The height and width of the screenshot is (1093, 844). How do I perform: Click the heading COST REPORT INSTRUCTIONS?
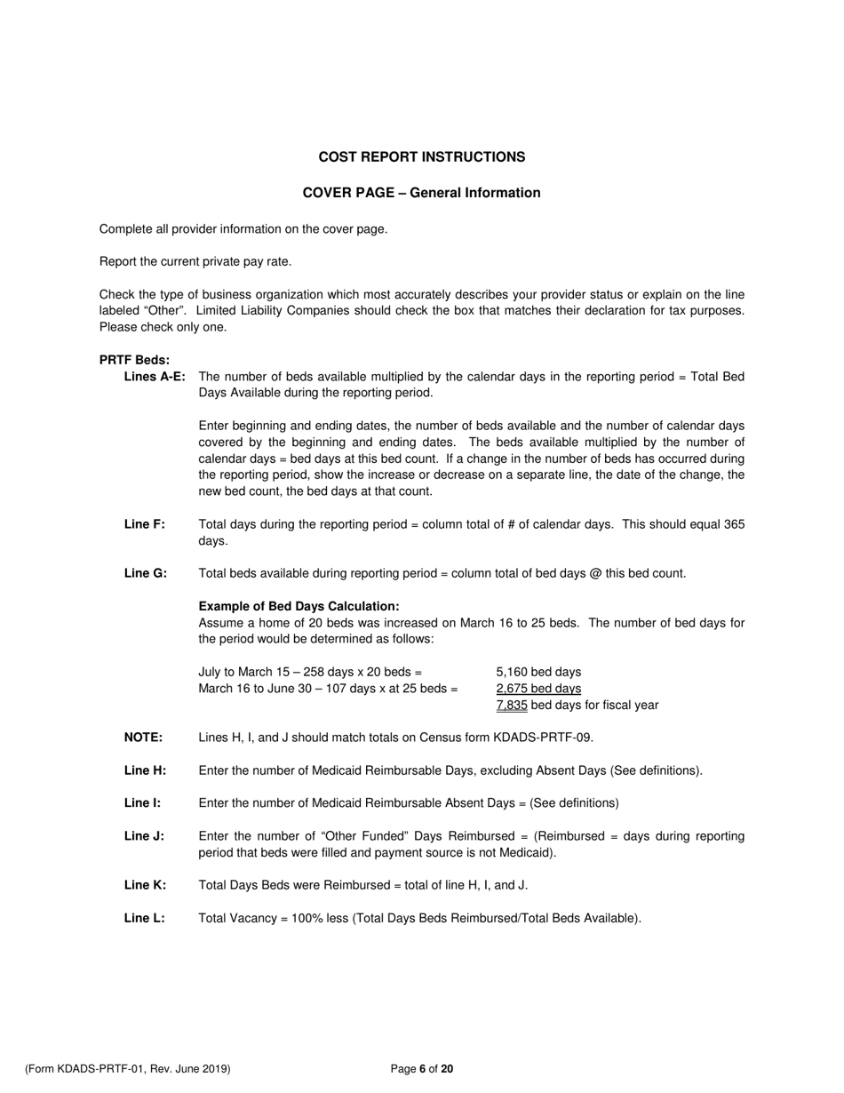click(x=421, y=157)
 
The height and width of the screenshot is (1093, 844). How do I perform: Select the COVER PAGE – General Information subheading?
click(x=421, y=193)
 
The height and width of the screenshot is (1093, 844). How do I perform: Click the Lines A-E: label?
click(x=155, y=377)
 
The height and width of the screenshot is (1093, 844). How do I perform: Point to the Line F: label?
click(x=144, y=524)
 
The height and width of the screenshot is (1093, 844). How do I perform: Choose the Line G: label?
click(x=145, y=573)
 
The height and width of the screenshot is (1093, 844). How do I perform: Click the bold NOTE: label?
click(x=143, y=738)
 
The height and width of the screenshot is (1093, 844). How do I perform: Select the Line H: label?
click(x=145, y=770)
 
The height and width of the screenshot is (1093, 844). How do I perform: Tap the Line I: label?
click(x=142, y=803)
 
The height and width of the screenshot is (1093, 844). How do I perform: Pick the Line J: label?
click(x=144, y=836)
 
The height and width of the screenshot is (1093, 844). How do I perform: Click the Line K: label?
click(x=145, y=885)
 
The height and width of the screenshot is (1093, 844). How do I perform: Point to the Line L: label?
click(x=144, y=918)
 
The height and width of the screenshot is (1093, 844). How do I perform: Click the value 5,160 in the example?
click(x=512, y=672)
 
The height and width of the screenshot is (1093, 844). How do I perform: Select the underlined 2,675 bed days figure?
click(x=538, y=689)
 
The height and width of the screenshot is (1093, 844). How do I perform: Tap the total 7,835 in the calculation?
click(x=512, y=706)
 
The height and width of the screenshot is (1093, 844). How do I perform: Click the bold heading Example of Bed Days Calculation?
click(x=299, y=606)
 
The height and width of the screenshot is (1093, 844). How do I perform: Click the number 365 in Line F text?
click(x=734, y=524)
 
